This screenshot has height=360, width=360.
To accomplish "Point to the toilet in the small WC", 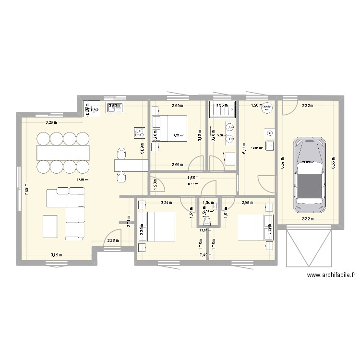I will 207,221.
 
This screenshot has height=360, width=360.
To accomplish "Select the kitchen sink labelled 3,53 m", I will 115,108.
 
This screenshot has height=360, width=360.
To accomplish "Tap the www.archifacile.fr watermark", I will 331,275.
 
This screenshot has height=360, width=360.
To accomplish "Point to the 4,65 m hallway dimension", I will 194,178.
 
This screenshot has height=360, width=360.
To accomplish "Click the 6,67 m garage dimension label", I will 283,165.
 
